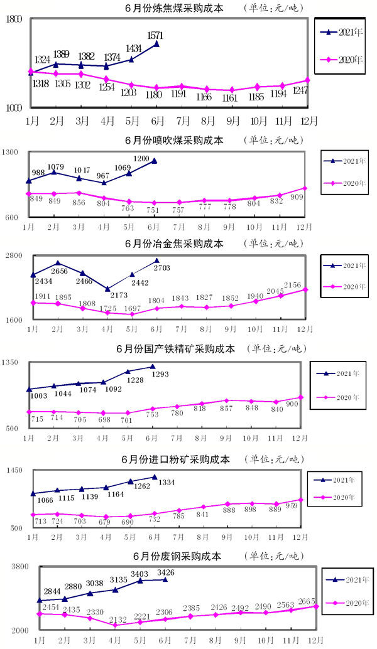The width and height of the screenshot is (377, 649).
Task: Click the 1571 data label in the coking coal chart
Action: pyautogui.click(x=155, y=35)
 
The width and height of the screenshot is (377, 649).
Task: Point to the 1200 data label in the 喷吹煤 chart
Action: pyautogui.click(x=141, y=158)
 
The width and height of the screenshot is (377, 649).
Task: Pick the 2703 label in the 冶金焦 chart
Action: pyautogui.click(x=162, y=268)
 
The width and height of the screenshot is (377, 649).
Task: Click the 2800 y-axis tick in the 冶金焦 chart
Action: pyautogui.click(x=14, y=255)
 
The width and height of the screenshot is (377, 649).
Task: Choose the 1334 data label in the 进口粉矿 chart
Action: pyautogui.click(x=165, y=483)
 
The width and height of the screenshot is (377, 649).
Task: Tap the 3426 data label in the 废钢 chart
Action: pyautogui.click(x=165, y=572)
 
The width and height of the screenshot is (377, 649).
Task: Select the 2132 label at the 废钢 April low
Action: pyautogui.click(x=117, y=619)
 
